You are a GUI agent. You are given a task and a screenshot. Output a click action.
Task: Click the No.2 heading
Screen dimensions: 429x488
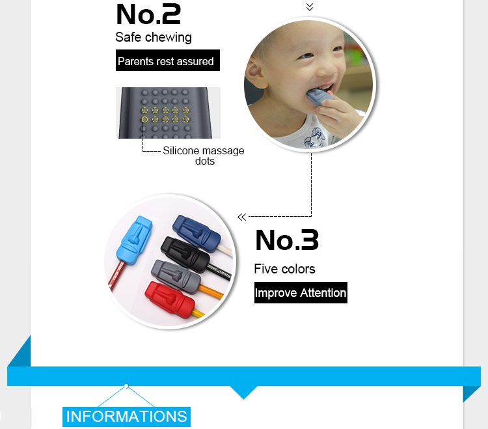[x=148, y=14]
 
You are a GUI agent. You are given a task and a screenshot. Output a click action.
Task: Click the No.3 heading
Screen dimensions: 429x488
[x=287, y=240]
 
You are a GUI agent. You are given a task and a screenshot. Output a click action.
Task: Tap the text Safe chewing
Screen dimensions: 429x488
[x=154, y=37]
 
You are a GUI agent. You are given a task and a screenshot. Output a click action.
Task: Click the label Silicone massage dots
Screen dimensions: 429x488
[x=204, y=156]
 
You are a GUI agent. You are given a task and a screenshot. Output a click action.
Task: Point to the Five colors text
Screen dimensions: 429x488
[x=284, y=269]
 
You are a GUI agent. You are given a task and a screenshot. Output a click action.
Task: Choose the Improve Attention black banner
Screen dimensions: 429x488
[x=301, y=293]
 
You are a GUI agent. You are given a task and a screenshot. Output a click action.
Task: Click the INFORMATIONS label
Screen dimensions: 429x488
[x=127, y=417]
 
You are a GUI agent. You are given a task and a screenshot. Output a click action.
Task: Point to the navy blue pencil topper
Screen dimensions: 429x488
[x=198, y=229]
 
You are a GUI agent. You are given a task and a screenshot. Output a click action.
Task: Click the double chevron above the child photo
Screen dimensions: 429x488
[x=310, y=7]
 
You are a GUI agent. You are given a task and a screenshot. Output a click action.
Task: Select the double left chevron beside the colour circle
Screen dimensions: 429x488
[x=242, y=217]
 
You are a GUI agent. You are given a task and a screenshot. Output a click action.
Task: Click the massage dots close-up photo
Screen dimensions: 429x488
[x=168, y=113]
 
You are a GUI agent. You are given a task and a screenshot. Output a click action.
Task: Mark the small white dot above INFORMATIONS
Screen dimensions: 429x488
[x=126, y=386]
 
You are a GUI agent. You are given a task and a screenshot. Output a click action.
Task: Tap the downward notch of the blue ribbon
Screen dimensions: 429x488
[x=244, y=393]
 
